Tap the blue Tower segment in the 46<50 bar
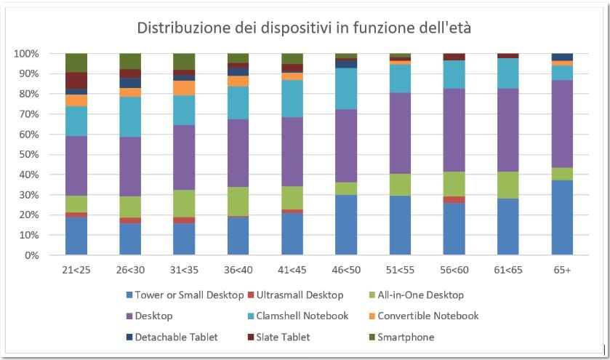pyautogui.click(x=345, y=225)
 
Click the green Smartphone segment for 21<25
pyautogui.click(x=76, y=63)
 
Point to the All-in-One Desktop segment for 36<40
pyautogui.click(x=238, y=201)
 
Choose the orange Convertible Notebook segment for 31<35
pyautogui.click(x=184, y=87)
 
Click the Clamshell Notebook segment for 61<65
pyautogui.click(x=507, y=73)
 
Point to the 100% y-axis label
pyautogui.click(x=26, y=54)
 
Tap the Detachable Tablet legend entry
pyautogui.click(x=172, y=337)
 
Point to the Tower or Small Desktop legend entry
pyautogui.click(x=188, y=295)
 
